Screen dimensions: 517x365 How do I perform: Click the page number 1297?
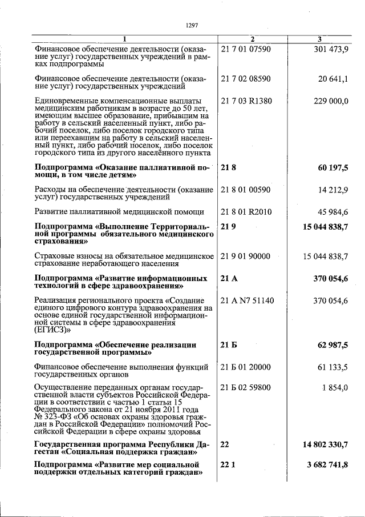point(192,25)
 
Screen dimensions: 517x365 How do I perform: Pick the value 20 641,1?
point(333,78)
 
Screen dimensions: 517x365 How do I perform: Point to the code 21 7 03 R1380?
point(246,101)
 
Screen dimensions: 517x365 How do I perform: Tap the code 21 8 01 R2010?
point(246,212)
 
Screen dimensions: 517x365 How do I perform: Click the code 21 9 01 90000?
point(246,256)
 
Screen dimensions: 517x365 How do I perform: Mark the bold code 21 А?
point(229,278)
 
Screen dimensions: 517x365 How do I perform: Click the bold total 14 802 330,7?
point(326,444)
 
